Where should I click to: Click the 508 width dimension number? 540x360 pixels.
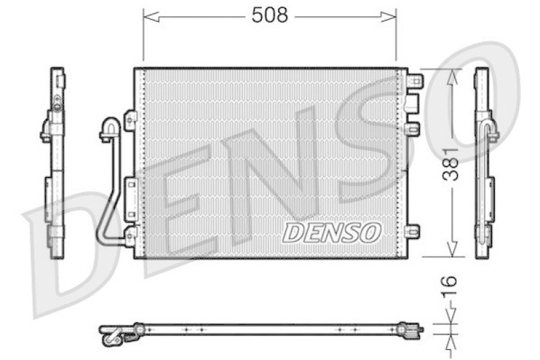pyautogui.click(x=270, y=16)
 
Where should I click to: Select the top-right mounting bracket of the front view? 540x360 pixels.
pyautogui.click(x=414, y=82)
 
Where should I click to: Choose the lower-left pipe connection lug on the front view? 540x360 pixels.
pyautogui.click(x=129, y=234)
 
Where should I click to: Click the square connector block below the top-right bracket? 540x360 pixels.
pyautogui.click(x=412, y=103)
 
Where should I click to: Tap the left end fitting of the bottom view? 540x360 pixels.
pyautogui.click(x=115, y=331)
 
